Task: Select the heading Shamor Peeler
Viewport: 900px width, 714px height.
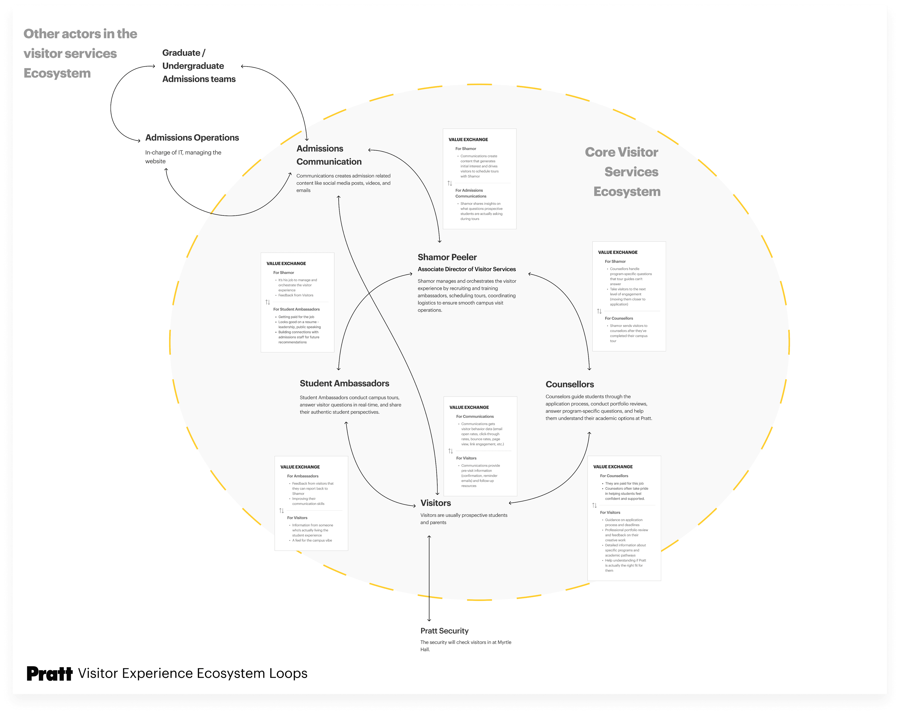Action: coord(447,257)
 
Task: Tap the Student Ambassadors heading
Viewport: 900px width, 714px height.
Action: coord(344,383)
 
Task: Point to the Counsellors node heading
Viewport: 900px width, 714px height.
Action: coord(569,384)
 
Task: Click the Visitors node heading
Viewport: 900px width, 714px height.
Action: coord(435,503)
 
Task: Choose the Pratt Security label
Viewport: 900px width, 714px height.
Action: coord(444,631)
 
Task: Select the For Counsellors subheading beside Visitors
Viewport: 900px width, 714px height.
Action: coord(614,476)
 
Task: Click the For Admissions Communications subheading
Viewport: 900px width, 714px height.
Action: coord(470,193)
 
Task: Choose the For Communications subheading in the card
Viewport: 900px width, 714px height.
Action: coord(475,417)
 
